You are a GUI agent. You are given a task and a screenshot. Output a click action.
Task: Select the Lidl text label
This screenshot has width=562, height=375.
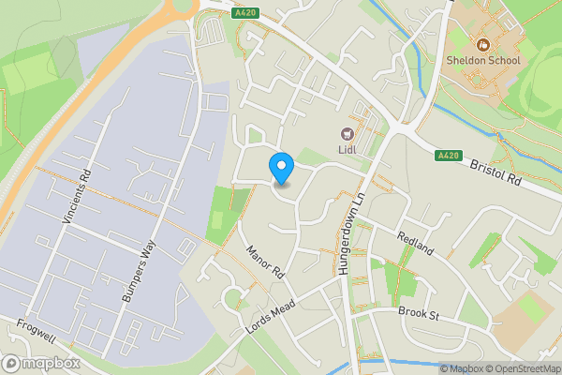(348, 150)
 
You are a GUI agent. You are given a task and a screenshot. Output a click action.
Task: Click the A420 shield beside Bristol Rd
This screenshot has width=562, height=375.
(448, 156)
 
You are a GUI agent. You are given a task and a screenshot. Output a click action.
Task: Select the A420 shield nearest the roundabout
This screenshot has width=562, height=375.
(246, 13)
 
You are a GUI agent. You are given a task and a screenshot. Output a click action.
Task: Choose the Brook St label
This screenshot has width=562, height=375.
(419, 312)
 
